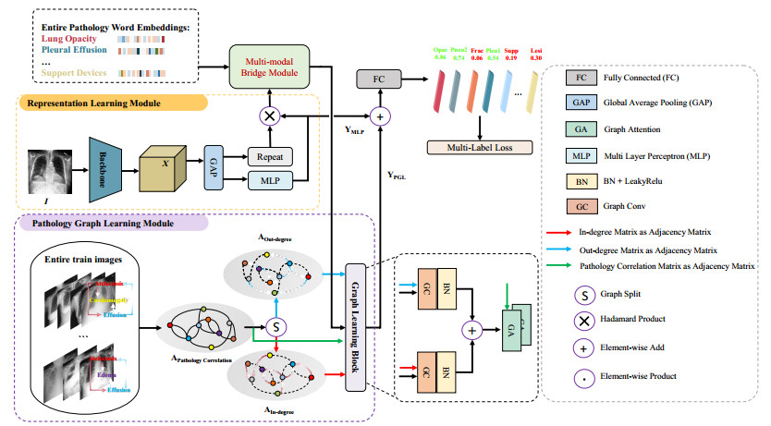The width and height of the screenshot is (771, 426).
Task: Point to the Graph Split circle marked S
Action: point(275,326)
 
